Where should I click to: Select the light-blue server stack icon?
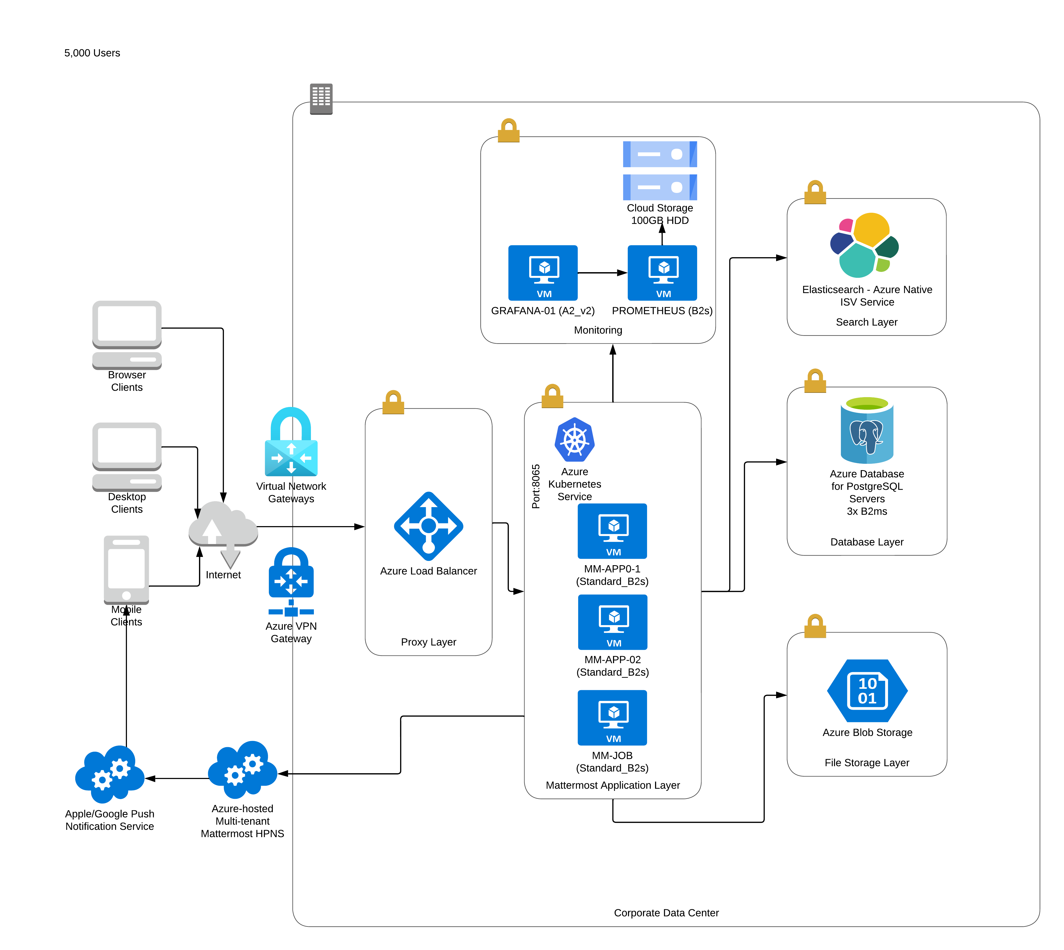click(660, 171)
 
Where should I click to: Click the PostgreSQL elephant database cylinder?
click(867, 430)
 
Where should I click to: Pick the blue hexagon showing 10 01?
click(867, 691)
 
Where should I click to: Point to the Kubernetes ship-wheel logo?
click(574, 439)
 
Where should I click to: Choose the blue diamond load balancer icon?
click(428, 526)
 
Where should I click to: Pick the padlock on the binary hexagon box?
click(815, 626)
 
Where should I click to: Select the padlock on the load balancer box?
click(393, 402)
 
